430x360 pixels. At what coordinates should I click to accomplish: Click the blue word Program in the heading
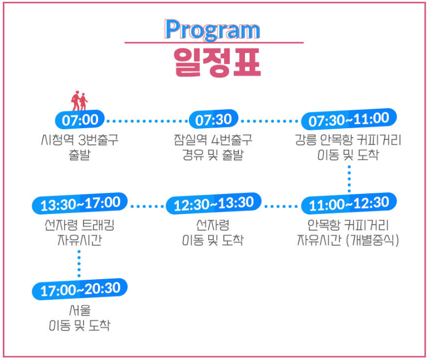(x=212, y=30)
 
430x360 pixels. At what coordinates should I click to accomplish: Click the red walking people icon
(x=80, y=101)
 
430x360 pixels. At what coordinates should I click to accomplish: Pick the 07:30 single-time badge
(x=213, y=120)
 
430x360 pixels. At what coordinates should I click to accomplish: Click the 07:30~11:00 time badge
(x=349, y=119)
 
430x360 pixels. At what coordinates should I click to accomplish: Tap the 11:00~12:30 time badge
(x=349, y=204)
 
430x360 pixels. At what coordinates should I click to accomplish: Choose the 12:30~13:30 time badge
(x=213, y=204)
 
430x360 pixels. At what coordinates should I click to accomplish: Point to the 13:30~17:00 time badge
(x=80, y=204)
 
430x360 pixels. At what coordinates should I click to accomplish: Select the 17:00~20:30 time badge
(x=80, y=289)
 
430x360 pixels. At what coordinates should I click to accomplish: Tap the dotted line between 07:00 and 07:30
(x=146, y=120)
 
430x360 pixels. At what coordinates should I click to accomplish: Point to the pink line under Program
(x=213, y=42)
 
